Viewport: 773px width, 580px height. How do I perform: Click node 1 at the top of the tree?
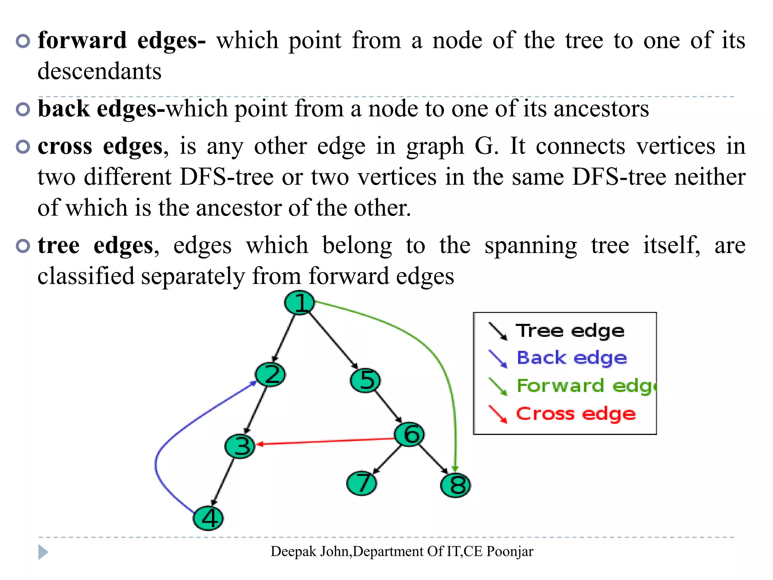pos(299,302)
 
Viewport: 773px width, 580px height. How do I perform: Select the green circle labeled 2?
pos(270,375)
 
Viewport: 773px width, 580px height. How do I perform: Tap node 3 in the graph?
pos(240,446)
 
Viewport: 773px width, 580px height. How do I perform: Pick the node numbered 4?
pos(208,518)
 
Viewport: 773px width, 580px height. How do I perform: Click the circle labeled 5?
pos(365,380)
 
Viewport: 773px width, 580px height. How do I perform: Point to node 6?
pos(410,434)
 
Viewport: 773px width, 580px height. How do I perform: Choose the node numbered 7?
pos(362,483)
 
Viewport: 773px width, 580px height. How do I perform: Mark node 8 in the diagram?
pos(456,485)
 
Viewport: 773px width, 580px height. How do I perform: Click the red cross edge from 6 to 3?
pos(325,441)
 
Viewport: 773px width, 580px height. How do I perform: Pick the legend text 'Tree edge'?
pos(570,331)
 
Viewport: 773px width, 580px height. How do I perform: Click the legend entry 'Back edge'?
pos(571,358)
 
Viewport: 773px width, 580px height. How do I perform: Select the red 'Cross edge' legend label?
pos(576,414)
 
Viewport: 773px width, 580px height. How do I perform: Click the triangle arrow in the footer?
pos(43,552)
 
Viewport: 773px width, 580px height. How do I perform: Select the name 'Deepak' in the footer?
pos(293,552)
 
